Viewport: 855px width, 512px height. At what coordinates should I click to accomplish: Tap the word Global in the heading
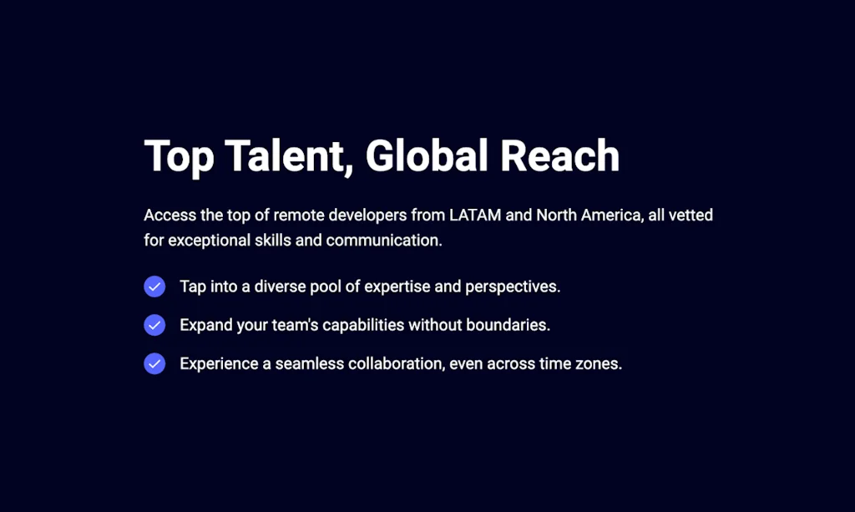point(427,156)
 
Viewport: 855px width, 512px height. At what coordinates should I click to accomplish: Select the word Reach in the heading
point(559,156)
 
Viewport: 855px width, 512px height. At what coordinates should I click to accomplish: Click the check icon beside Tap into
point(154,286)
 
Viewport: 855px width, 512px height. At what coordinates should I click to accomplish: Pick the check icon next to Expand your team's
point(154,325)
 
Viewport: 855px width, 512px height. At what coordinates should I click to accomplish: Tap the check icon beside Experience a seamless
point(154,363)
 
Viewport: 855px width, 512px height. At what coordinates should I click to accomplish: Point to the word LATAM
point(475,215)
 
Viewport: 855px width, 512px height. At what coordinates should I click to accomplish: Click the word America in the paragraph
point(612,215)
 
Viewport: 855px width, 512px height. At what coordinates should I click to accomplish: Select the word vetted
point(691,215)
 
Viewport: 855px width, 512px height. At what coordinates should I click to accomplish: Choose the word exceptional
point(209,241)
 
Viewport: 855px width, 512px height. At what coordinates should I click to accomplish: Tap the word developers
point(367,215)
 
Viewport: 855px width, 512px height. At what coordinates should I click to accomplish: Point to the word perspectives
point(513,286)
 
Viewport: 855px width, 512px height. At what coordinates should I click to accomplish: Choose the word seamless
point(309,363)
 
